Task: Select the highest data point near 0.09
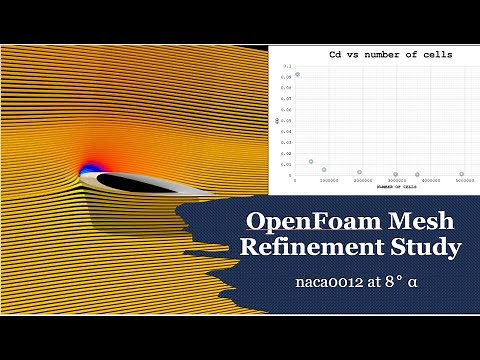pyautogui.click(x=297, y=75)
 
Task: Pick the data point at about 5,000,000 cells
pyautogui.click(x=462, y=174)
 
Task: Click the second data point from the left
pyautogui.click(x=311, y=161)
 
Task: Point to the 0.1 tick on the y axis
pyautogui.click(x=286, y=64)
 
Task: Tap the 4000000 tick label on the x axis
pyautogui.click(x=429, y=181)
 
